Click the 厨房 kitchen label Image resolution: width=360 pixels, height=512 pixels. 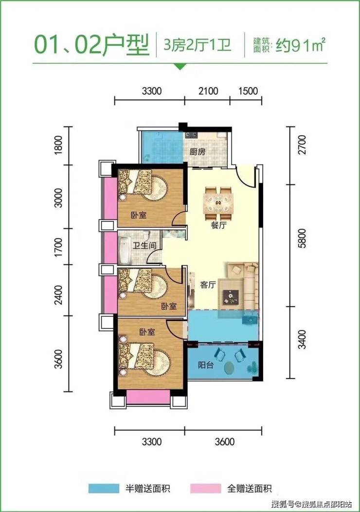[x=198, y=151]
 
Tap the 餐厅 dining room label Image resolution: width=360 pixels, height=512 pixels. [x=219, y=225]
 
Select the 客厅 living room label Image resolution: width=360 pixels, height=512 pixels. [x=208, y=285]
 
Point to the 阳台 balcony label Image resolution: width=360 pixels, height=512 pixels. [x=206, y=365]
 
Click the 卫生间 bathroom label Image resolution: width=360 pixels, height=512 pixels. [x=144, y=245]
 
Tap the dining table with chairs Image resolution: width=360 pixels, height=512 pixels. [x=218, y=203]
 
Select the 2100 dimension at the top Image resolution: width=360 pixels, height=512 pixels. [x=208, y=91]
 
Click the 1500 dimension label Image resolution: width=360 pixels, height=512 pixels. [x=248, y=91]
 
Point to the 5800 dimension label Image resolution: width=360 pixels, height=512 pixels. [x=303, y=238]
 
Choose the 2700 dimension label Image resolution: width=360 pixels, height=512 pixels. [x=303, y=145]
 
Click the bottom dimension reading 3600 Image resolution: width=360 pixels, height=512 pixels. [x=225, y=441]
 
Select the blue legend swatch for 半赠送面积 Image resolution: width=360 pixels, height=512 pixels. [x=104, y=489]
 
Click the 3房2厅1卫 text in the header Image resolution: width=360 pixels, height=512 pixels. [x=197, y=45]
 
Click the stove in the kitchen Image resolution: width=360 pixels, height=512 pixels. [x=191, y=134]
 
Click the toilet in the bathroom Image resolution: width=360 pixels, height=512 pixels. [x=146, y=236]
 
